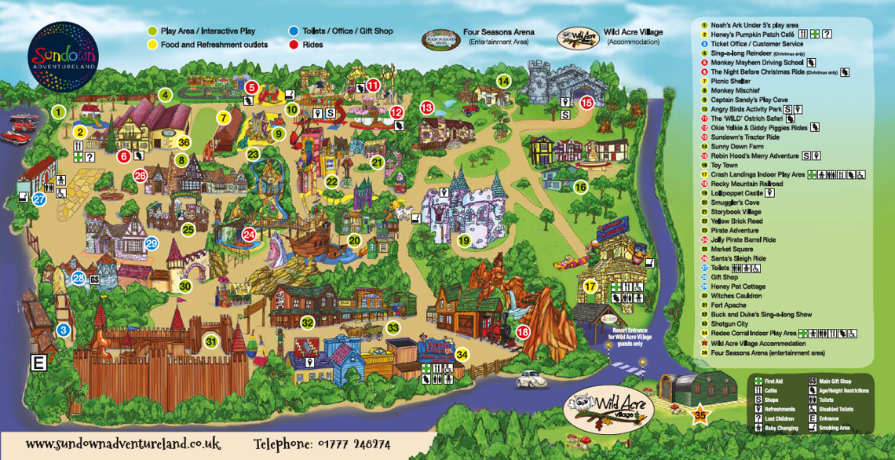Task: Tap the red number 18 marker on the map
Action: coord(523,332)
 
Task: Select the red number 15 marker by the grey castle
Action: coord(586,102)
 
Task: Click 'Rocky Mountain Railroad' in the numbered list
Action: coord(741,184)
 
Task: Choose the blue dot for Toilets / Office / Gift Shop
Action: coord(294,31)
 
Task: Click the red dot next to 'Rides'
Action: coord(294,46)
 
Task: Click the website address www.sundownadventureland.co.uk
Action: coord(123,444)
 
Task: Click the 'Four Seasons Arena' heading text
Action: coord(499,32)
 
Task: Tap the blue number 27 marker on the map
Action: coord(39,199)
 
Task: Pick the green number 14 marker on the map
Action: coord(503,81)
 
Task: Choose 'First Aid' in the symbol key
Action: coord(773,381)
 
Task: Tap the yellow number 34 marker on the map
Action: coord(462,354)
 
